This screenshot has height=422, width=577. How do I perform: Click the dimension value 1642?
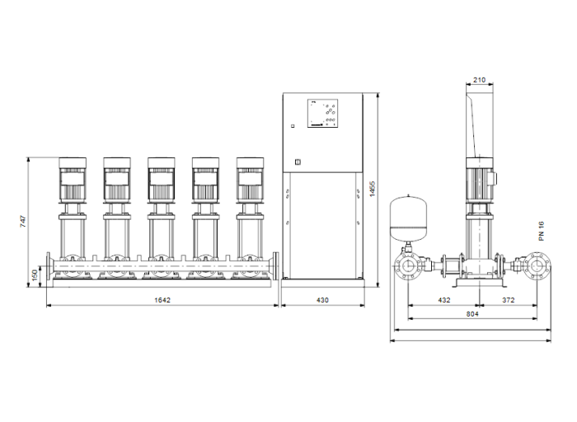pyautogui.click(x=162, y=300)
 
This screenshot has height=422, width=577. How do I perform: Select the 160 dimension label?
pyautogui.click(x=35, y=274)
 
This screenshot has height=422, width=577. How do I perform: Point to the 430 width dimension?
pyautogui.click(x=322, y=300)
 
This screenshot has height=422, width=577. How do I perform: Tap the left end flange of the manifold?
pyautogui.click(x=49, y=266)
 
